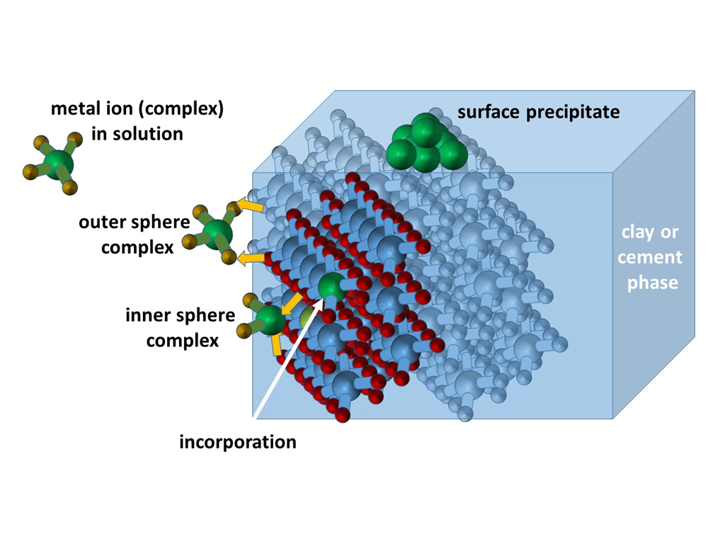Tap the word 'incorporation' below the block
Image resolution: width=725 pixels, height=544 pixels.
238,443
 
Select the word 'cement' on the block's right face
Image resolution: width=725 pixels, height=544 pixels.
650,257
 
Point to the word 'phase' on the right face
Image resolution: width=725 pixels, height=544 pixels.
652,283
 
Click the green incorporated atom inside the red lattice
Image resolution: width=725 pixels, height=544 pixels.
331,286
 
